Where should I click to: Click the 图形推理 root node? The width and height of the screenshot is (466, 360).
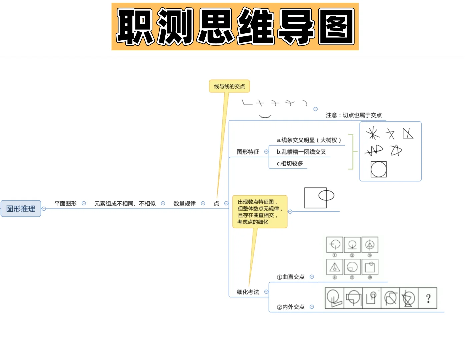point(21,209)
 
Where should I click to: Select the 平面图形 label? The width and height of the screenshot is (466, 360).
point(65,203)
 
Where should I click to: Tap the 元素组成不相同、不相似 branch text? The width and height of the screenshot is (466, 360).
point(125,203)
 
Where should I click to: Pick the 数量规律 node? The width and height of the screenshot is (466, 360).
point(184,203)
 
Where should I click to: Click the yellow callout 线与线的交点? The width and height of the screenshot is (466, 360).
point(229,86)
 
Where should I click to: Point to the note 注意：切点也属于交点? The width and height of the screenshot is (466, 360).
point(354,115)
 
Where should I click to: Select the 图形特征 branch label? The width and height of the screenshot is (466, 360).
point(248,152)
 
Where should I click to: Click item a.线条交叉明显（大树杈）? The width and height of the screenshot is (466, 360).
point(309,140)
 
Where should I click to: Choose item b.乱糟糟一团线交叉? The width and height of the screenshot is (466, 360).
point(301,152)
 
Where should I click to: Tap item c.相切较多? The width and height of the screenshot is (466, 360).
point(290,163)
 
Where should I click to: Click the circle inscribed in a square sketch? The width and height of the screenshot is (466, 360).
point(379,169)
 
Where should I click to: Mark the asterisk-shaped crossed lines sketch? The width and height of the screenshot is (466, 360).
point(373,133)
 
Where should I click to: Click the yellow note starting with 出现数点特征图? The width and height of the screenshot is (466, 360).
point(260,212)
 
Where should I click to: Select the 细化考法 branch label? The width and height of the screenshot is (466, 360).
point(248,292)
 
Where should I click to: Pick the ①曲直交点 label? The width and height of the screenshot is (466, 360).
point(290,277)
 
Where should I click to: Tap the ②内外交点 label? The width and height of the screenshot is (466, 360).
point(290,307)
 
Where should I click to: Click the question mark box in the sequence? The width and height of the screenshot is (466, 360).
point(428,298)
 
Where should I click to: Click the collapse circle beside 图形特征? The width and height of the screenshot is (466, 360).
point(266,152)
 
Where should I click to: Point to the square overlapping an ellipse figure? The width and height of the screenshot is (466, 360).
point(319,197)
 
